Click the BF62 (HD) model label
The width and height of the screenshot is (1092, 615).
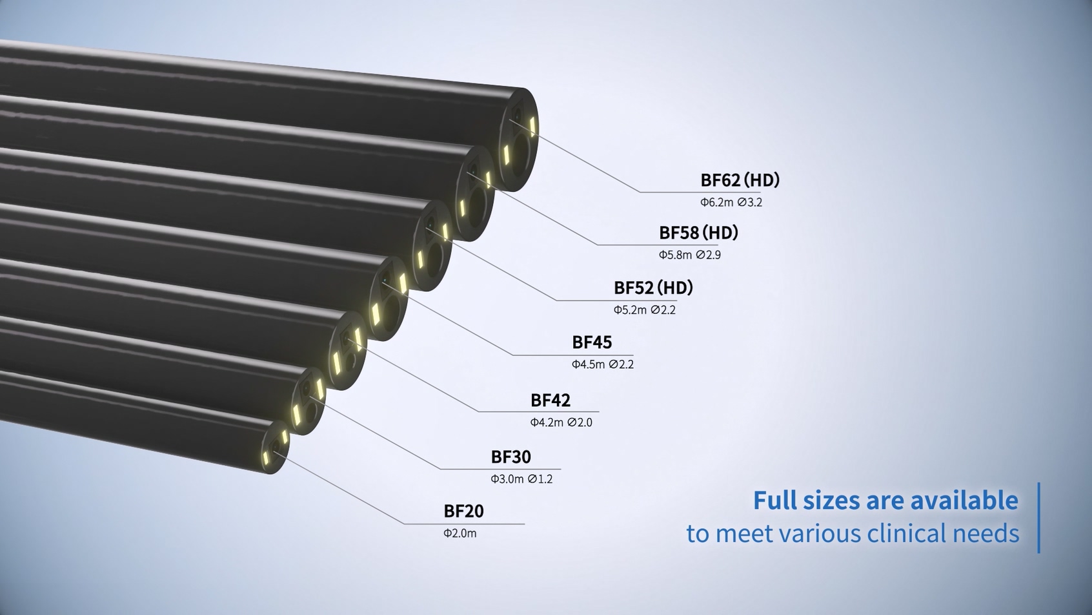(740, 180)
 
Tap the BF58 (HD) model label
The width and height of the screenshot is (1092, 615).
(698, 233)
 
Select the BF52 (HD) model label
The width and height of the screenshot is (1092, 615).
(653, 288)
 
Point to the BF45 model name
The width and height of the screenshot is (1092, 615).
(592, 342)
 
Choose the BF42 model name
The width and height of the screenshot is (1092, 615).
(551, 401)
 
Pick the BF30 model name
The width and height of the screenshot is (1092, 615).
(511, 457)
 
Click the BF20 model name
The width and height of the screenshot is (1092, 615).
(463, 511)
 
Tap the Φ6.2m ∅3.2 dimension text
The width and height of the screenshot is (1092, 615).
(731, 202)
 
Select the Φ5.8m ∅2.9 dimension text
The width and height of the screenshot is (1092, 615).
(690, 255)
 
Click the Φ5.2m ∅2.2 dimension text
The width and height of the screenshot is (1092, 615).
(645, 310)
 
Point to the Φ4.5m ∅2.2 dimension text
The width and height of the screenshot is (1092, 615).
(603, 364)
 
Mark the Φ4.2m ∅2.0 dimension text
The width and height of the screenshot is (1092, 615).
(561, 422)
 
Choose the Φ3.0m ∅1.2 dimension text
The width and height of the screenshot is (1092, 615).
(521, 479)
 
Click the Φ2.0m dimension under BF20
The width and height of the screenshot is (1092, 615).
(460, 534)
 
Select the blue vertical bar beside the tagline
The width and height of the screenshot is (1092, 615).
(1039, 518)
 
